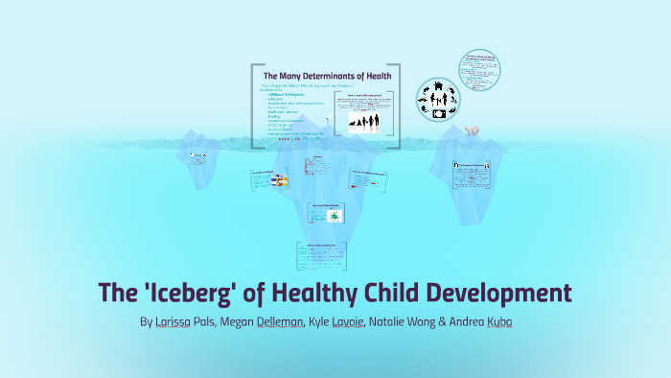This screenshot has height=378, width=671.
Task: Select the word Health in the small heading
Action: point(388,76)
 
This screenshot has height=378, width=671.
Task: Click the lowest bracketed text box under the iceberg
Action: point(322,253)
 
